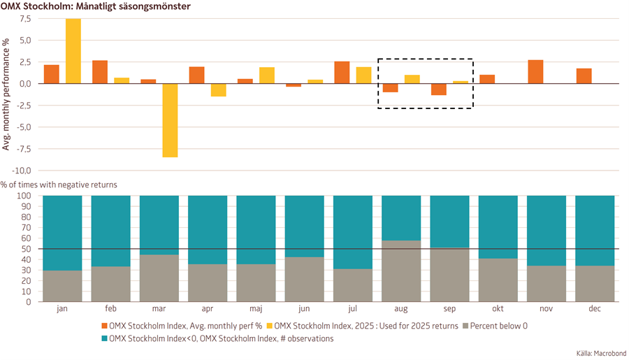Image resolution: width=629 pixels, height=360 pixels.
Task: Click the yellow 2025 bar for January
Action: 73,51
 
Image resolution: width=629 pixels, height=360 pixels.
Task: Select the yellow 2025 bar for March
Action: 170,120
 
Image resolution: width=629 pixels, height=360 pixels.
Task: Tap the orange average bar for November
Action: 535,72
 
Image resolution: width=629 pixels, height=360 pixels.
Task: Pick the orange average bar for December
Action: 584,76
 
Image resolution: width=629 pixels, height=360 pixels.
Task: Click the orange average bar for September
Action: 439,89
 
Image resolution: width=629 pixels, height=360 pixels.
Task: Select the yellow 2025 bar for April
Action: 218,89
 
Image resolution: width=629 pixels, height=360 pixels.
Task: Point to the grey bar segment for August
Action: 401,271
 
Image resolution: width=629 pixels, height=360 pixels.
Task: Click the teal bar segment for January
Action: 63,233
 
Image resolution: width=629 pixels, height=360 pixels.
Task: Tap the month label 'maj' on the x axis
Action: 256,308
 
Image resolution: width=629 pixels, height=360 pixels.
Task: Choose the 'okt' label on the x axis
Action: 498,308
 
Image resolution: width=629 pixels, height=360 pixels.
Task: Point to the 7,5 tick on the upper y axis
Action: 25,19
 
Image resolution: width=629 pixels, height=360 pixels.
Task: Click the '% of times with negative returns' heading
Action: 59,185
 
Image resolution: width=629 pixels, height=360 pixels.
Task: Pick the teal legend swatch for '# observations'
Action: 105,339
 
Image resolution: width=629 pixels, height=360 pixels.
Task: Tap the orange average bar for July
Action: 342,73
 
